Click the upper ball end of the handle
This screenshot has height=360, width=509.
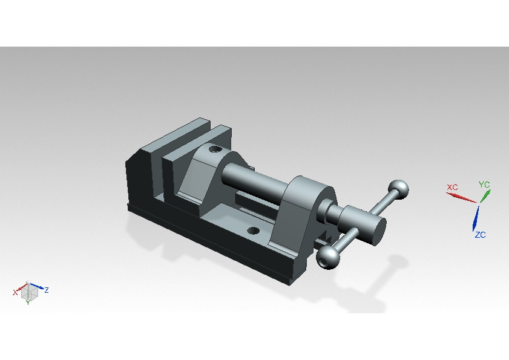click(398, 189)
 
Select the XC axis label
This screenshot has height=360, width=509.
click(452, 187)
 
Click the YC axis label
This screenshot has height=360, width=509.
click(484, 184)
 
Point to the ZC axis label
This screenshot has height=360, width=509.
click(480, 235)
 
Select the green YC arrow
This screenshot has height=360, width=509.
click(485, 195)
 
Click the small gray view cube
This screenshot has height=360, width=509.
click(29, 292)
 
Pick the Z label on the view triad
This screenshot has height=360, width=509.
click(47, 290)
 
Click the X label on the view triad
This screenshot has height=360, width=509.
click(15, 292)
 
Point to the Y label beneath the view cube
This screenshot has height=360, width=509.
click(28, 303)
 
